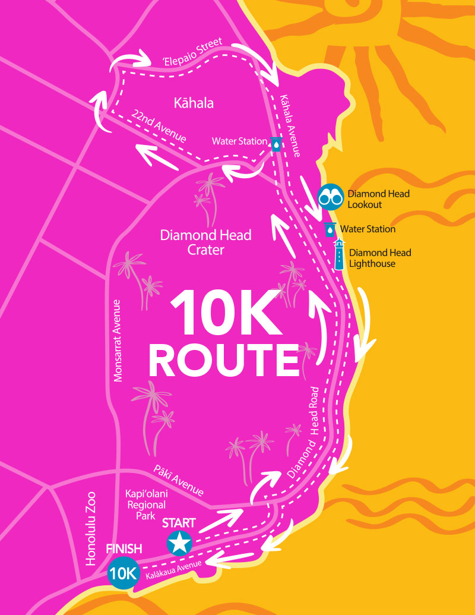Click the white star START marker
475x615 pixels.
point(179,543)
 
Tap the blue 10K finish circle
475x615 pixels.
point(123,574)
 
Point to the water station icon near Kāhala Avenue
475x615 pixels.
point(277,143)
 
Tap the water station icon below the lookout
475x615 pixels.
point(330,229)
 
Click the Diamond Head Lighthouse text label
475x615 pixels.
point(379,258)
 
